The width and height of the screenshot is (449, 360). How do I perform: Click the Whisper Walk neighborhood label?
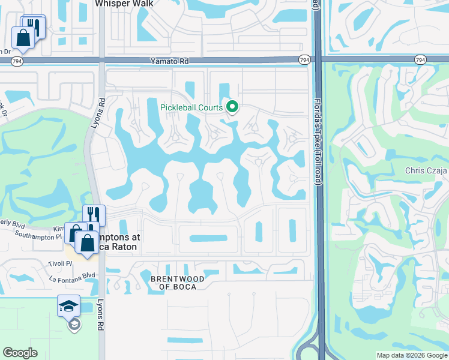coord(124,3)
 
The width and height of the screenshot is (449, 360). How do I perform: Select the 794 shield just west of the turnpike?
coord(304,59)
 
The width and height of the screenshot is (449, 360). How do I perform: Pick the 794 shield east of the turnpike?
coord(420,59)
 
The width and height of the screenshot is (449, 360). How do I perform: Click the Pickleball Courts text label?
coord(191,108)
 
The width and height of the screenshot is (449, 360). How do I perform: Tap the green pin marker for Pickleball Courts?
coord(232,107)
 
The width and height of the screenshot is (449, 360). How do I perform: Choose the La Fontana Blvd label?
coord(73,276)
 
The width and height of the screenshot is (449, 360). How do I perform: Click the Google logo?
coord(20,353)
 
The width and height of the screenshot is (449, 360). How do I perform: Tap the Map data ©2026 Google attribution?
coord(412,355)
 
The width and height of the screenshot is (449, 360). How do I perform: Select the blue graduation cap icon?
coord(69,305)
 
